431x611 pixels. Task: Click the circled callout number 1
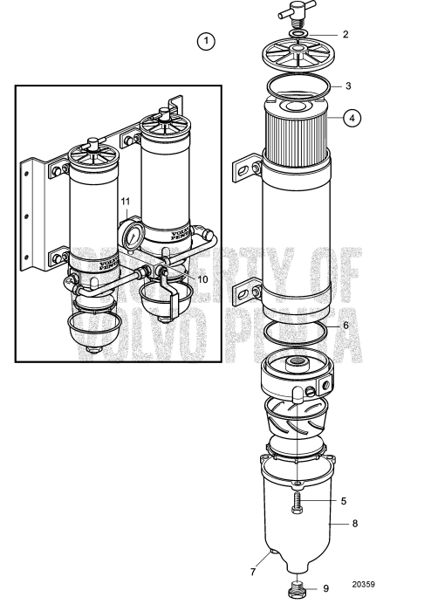coord(206,40)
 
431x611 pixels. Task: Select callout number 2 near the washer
coord(345,35)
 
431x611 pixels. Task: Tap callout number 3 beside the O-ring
coord(347,86)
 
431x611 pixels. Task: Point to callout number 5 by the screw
coord(344,501)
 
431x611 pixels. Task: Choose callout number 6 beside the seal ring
coord(346,325)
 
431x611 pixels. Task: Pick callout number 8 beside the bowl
coord(354,525)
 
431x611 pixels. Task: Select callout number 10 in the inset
coord(202,279)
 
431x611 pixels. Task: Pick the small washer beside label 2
coord(298,36)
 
